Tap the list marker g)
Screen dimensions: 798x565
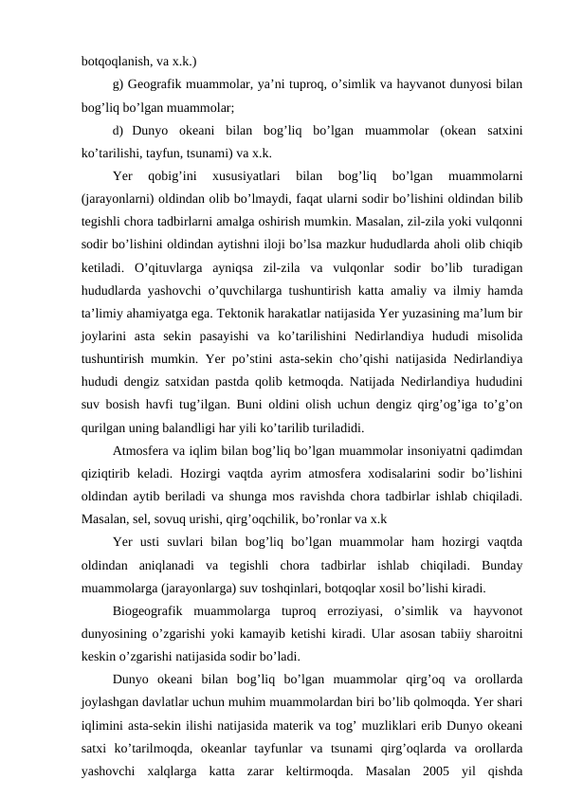118,84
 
